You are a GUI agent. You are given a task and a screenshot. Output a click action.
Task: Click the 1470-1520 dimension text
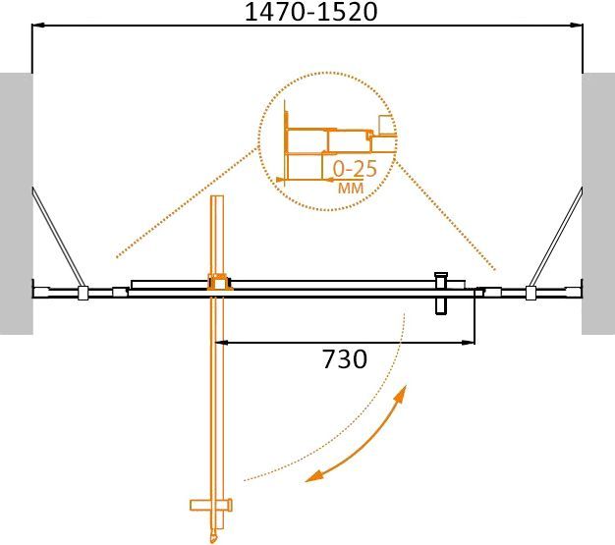click(x=308, y=13)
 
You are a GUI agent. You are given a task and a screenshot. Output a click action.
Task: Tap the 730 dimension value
click(x=345, y=359)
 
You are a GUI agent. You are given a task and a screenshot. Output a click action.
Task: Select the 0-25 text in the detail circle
click(x=354, y=167)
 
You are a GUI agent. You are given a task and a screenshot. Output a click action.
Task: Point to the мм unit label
click(x=349, y=188)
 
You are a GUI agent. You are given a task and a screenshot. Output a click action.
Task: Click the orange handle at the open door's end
click(x=212, y=507)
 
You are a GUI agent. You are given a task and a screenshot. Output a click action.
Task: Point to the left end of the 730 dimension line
click(x=217, y=343)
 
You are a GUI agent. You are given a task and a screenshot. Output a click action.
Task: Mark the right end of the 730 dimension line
click(x=475, y=343)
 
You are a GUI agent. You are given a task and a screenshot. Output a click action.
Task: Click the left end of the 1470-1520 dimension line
click(x=33, y=28)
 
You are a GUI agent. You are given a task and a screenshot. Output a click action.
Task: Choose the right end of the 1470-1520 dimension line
click(x=583, y=28)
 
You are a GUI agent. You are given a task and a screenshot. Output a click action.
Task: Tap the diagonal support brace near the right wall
click(x=555, y=236)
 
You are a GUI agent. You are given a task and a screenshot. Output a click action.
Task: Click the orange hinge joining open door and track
click(x=217, y=283)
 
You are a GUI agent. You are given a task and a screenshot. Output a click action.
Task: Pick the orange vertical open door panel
click(x=218, y=393)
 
